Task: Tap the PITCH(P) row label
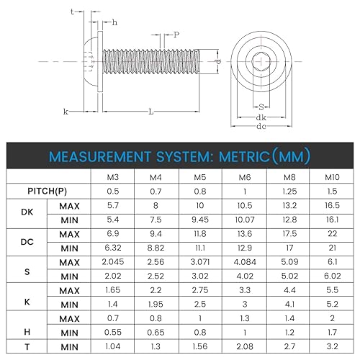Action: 48,192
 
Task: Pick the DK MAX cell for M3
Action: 112,206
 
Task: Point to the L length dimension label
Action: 150,112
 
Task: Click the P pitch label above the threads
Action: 176,34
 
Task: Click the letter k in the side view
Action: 66,112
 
